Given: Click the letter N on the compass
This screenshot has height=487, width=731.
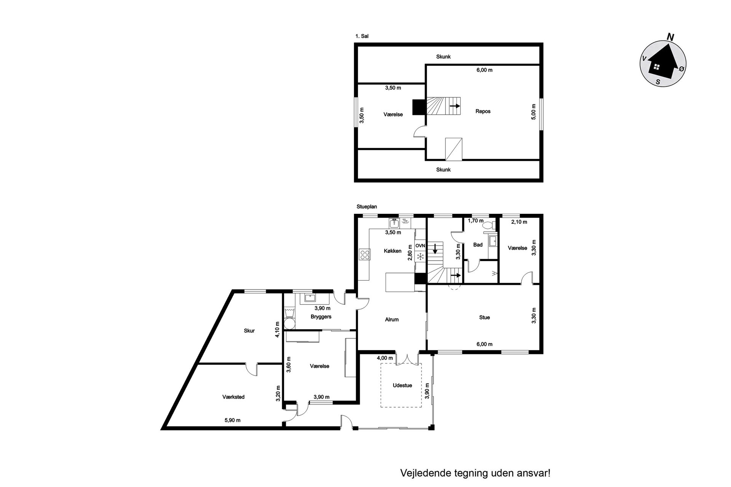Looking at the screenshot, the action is coord(670,37).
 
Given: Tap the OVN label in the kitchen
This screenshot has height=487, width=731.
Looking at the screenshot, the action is coord(420,246).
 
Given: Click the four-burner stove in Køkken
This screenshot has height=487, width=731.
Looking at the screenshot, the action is coord(365,254).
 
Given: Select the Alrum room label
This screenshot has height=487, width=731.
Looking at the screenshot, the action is coord(392,320).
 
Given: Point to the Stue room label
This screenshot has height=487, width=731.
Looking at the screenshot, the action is coord(485,317).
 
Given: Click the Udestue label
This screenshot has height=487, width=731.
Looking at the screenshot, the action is coord(402,385).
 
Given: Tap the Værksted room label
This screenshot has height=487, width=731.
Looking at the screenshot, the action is coord(233,397).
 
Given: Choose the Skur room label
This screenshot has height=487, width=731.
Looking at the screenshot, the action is coord(249,331).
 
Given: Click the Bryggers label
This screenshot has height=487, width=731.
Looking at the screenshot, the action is coord(321,317).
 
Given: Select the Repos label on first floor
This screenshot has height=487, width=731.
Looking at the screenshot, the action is coord(483,111).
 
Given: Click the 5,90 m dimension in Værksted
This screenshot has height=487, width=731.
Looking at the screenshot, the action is coord(233,420).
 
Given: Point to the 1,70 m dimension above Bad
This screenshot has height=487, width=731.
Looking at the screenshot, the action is coord(476,221).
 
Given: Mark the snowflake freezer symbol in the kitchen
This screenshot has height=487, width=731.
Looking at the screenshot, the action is coord(420,257).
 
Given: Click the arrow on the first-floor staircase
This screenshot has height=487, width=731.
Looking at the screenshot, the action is coord(455,106).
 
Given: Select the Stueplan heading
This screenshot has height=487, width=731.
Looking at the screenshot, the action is coord(367,207).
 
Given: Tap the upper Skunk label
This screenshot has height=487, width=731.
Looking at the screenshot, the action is coord(444,57).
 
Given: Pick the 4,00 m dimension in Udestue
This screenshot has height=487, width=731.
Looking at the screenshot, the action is coord(385,358).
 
